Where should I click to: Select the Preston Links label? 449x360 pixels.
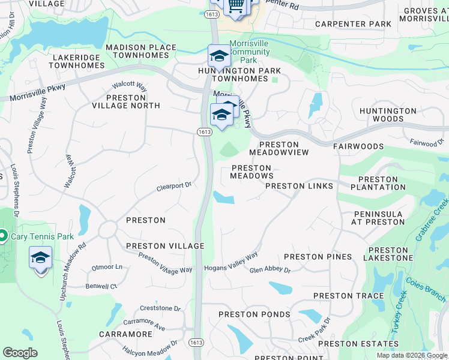tap(299, 186)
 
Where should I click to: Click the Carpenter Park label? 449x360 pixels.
tap(354, 25)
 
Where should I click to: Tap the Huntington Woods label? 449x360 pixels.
tap(388, 115)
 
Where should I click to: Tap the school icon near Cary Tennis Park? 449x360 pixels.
tap(40, 259)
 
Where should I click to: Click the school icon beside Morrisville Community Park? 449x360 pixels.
tap(219, 57)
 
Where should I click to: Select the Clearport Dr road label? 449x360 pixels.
tap(173, 186)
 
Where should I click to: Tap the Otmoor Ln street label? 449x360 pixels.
tap(106, 266)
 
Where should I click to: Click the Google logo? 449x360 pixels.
tap(20, 352)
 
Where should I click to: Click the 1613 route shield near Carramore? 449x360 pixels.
tap(199, 342)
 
